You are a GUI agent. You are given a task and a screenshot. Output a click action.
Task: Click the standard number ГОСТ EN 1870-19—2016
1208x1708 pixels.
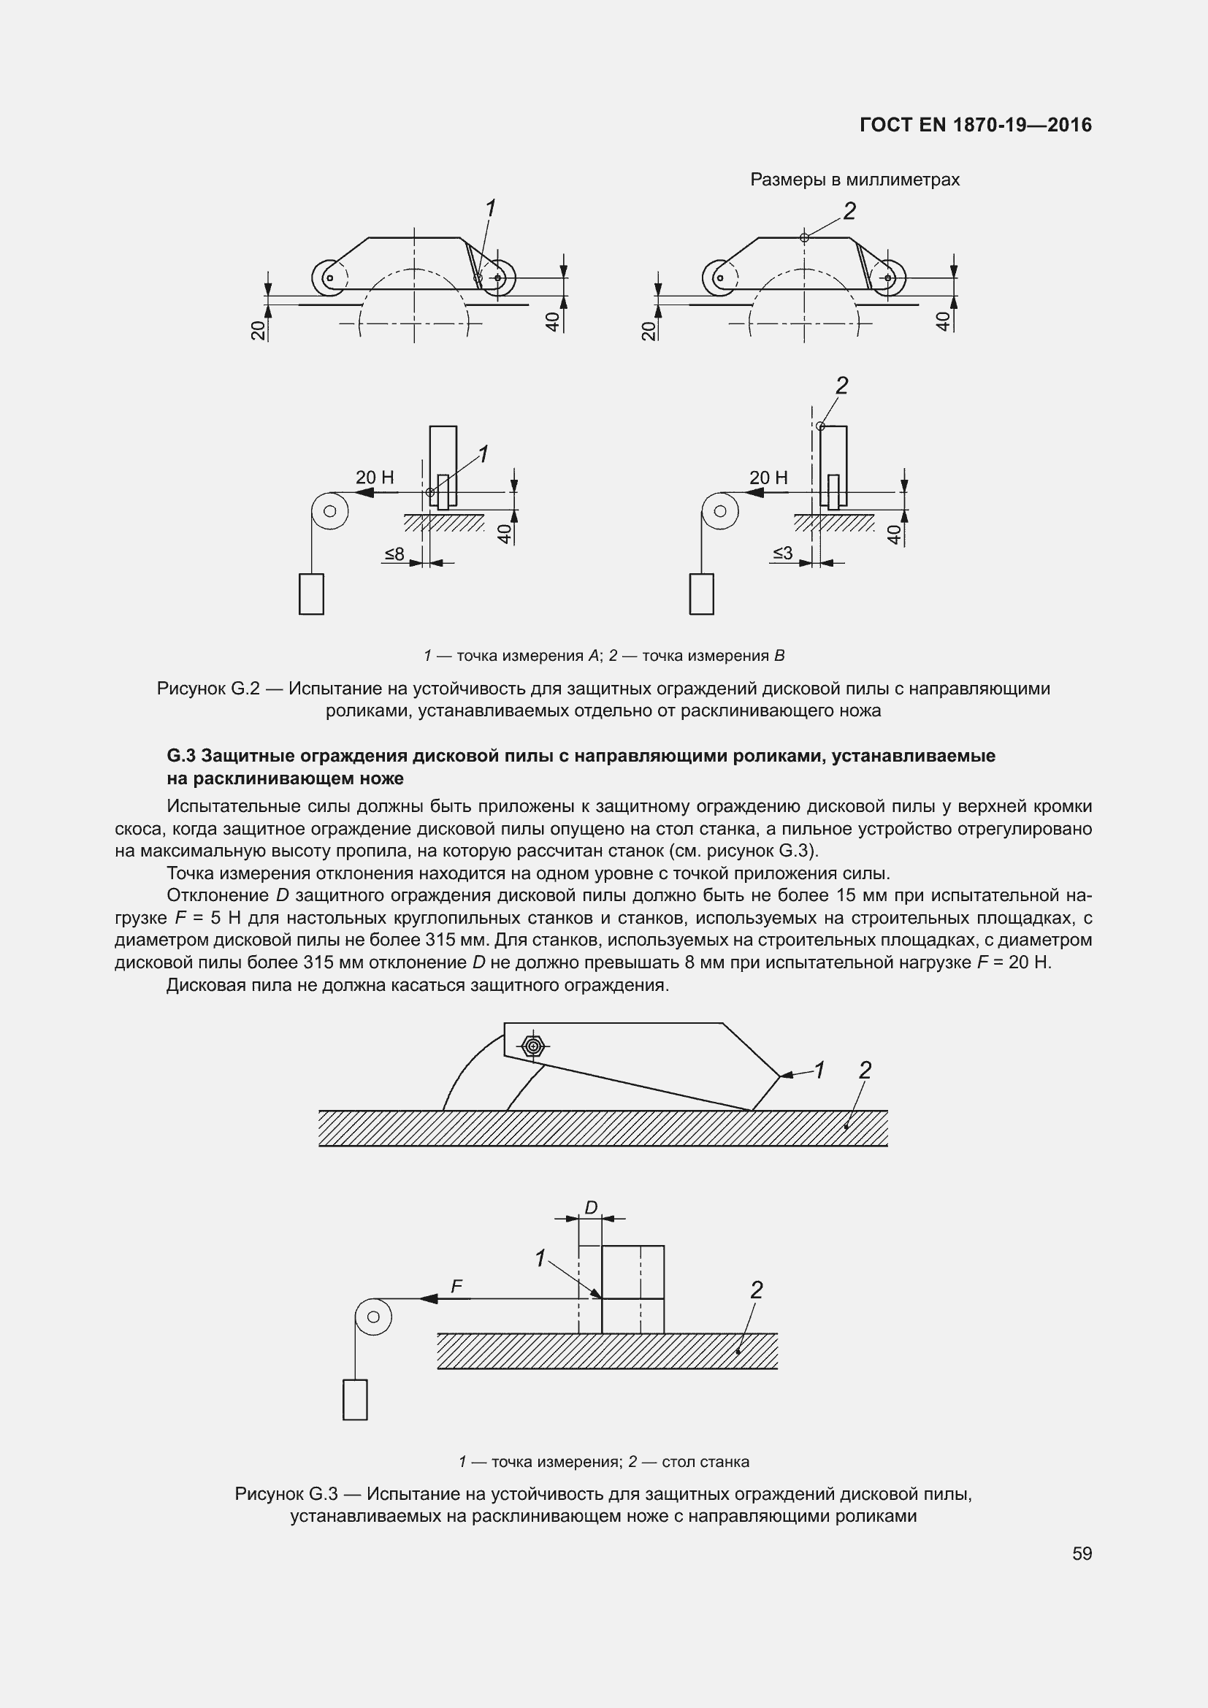(x=975, y=125)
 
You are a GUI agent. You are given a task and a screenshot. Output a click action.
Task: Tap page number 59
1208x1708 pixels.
(x=1082, y=1553)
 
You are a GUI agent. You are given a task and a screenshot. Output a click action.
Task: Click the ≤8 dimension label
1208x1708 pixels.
(x=394, y=554)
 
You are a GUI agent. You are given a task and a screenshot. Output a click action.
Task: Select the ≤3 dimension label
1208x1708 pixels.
(x=782, y=553)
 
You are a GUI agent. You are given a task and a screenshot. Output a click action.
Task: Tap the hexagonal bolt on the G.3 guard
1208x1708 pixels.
(x=532, y=1046)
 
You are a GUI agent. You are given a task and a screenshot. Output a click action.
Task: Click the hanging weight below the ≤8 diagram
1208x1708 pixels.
(x=311, y=594)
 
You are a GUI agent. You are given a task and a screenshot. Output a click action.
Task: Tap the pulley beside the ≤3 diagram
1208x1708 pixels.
(x=719, y=511)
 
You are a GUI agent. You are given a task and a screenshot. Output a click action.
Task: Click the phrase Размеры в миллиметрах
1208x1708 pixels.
(x=854, y=180)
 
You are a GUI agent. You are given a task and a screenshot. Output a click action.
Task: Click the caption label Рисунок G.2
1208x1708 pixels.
(x=207, y=689)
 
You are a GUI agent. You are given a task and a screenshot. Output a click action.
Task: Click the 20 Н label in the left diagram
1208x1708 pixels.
(x=374, y=478)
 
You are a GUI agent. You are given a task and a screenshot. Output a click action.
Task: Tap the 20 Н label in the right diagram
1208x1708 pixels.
(x=768, y=478)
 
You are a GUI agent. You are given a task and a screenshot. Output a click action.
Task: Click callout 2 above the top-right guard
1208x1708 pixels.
(x=849, y=211)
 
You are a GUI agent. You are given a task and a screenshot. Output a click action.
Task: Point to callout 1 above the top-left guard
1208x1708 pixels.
(x=490, y=209)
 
